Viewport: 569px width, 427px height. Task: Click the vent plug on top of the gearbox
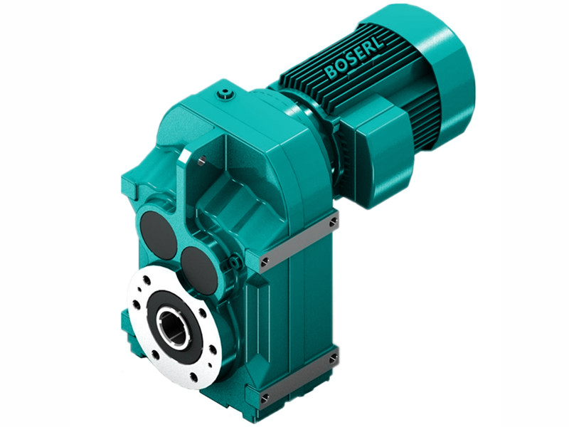tap(226, 93)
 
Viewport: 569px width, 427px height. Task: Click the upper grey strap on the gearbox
tap(299, 242)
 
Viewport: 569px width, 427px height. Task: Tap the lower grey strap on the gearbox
tap(299, 377)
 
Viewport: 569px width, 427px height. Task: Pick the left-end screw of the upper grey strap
tap(265, 263)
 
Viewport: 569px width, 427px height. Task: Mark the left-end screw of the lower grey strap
tap(265, 398)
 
